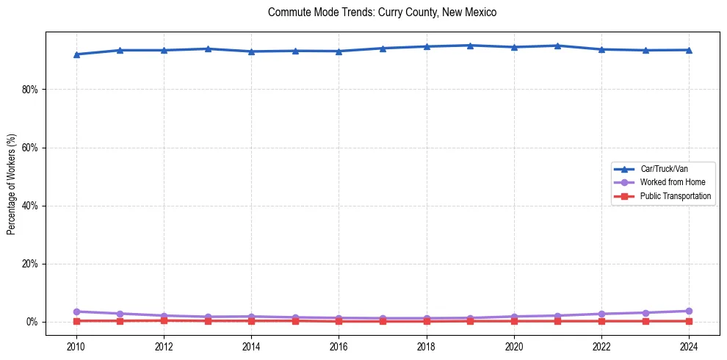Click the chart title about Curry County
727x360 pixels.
click(383, 12)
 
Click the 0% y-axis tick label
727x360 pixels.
click(32, 322)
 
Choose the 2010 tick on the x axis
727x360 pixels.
click(76, 345)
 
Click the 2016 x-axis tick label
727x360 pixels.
click(339, 345)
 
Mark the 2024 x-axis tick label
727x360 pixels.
click(689, 345)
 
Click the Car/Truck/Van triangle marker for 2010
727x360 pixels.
click(76, 54)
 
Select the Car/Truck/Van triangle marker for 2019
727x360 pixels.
click(470, 46)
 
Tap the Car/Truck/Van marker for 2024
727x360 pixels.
click(689, 50)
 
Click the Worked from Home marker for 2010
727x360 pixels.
click(76, 312)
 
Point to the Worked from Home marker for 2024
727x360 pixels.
click(689, 311)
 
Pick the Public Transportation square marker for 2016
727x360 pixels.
click(339, 321)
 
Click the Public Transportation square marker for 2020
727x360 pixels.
click(514, 321)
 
